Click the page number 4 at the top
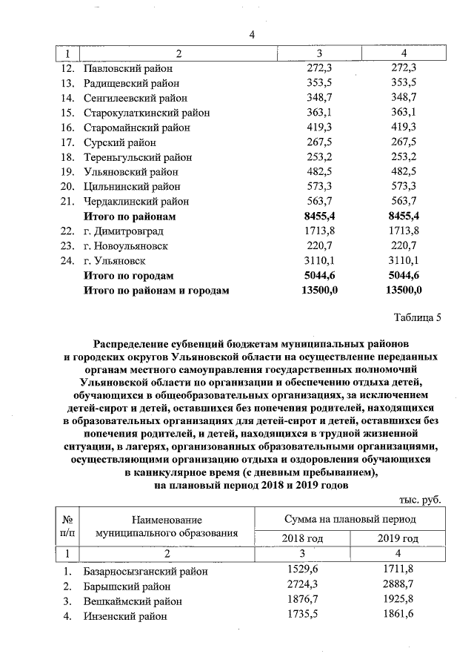(x=251, y=34)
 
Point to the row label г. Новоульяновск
(x=125, y=246)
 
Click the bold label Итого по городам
(x=128, y=276)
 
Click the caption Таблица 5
(x=417, y=319)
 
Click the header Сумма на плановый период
(x=350, y=519)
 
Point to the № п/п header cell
(x=67, y=526)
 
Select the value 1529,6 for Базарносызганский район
(x=303, y=570)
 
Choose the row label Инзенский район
(x=125, y=615)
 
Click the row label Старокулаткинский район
(x=146, y=113)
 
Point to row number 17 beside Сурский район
(x=68, y=142)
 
